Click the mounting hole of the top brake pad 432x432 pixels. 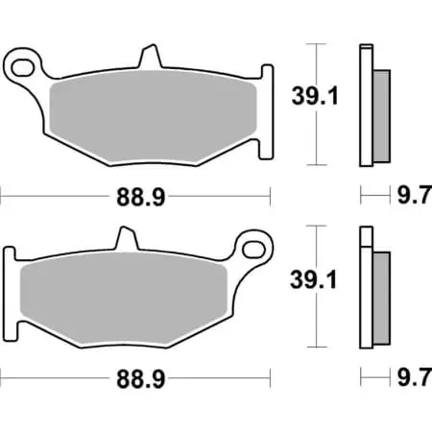click(24, 64)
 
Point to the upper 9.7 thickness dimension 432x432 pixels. click(411, 197)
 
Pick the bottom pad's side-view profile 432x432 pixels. click(366, 288)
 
